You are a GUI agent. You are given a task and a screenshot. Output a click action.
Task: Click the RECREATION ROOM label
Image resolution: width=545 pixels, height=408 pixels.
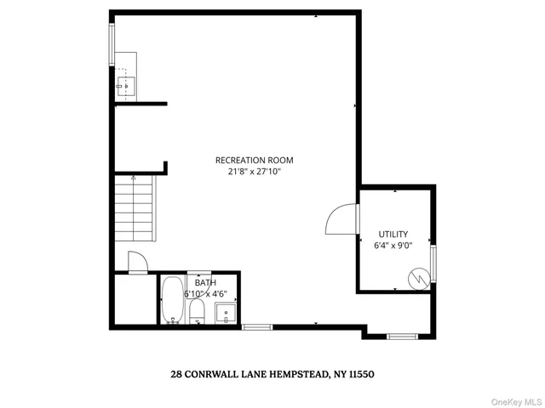click(254, 160)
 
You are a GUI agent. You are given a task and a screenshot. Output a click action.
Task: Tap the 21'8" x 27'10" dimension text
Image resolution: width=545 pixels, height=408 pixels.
click(254, 171)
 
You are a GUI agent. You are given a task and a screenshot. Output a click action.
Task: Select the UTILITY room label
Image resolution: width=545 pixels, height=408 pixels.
click(393, 234)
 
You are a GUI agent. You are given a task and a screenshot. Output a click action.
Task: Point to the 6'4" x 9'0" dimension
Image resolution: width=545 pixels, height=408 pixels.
click(393, 246)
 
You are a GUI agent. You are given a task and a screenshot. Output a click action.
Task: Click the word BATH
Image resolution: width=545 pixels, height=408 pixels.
click(205, 282)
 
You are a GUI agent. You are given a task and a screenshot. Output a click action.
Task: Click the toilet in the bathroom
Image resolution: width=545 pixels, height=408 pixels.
click(196, 310)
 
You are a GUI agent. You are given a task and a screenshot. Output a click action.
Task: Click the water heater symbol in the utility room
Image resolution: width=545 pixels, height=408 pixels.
click(418, 277)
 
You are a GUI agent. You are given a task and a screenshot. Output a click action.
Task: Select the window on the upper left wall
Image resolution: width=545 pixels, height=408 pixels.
click(111, 42)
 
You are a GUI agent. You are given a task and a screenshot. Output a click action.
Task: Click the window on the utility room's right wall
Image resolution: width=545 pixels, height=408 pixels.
click(433, 263)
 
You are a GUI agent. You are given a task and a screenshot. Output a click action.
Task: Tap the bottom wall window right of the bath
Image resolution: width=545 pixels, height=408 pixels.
click(256, 326)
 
